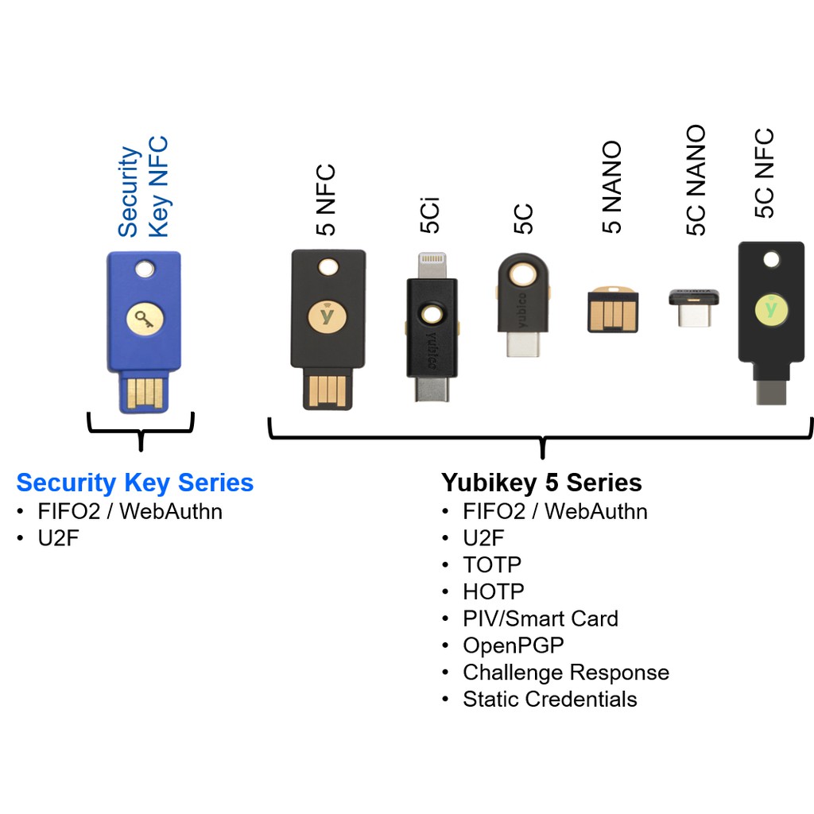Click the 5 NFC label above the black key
point(326,200)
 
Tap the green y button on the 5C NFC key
point(769,307)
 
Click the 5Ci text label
point(430,216)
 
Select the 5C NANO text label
point(696,180)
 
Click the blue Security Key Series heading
point(135,483)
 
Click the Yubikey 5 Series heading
point(541,483)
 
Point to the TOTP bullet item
point(492,564)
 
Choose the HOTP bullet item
point(494,591)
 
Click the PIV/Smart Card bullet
point(541,618)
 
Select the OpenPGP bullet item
point(514,645)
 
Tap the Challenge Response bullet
point(566,673)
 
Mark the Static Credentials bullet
point(550,700)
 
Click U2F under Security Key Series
point(59,538)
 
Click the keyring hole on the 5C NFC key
point(770,260)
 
